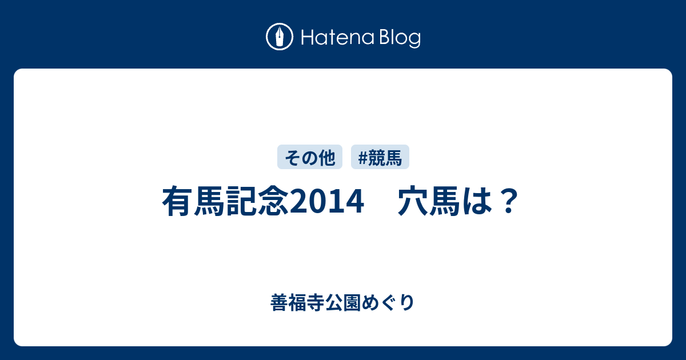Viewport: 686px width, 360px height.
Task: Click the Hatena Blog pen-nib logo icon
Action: pos(280,37)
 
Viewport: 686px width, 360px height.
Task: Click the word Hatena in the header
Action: pos(338,38)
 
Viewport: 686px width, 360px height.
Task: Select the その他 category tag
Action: pos(310,157)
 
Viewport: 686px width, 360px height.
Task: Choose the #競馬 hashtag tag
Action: pos(380,157)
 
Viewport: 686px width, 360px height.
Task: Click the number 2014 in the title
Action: pos(327,201)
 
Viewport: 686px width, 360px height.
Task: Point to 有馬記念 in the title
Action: pos(226,201)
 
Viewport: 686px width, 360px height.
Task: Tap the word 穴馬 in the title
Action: pos(429,201)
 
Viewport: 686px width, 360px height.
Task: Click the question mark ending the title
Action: pos(509,201)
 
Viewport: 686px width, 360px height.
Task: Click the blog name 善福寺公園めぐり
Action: pos(342,303)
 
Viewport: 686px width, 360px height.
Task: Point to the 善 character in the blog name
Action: pos(280,303)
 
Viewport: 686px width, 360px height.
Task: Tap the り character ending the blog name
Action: pos(407,303)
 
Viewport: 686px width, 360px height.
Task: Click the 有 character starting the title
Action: pos(178,201)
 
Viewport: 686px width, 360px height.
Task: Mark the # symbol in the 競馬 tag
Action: pos(362,158)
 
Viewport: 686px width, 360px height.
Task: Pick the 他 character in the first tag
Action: pos(327,158)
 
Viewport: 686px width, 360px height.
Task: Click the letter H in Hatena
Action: pos(308,38)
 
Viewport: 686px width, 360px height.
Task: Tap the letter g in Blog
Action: pos(414,41)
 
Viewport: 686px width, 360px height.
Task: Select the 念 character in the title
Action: pos(273,201)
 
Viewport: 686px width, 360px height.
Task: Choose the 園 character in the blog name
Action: pos(352,303)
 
